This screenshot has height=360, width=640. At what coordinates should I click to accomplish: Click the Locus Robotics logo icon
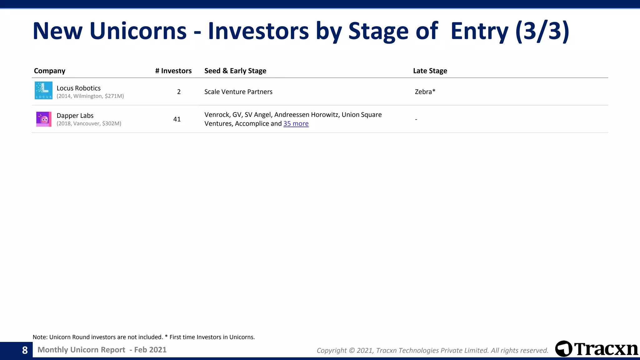(43, 90)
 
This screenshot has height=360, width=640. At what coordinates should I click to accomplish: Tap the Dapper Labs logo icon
(44, 119)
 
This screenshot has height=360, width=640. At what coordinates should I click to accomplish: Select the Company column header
(49, 71)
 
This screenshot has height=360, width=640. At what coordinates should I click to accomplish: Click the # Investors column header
(173, 71)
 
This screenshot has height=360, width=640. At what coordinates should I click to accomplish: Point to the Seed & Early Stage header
(235, 71)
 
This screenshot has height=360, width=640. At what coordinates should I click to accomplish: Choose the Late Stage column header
(430, 71)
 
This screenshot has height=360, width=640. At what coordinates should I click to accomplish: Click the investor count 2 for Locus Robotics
(179, 92)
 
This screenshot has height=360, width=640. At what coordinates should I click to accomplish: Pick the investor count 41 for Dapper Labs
(177, 119)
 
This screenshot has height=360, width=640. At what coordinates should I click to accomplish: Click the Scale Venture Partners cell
(238, 92)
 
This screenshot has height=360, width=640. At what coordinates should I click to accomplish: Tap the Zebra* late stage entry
(425, 92)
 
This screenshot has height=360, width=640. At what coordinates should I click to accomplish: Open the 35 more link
(296, 124)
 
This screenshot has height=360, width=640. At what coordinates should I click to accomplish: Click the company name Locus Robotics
(78, 88)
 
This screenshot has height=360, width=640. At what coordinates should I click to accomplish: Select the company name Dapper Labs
(75, 116)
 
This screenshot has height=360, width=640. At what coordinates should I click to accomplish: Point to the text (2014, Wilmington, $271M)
(90, 96)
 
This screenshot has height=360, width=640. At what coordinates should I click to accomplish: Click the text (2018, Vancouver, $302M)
(89, 124)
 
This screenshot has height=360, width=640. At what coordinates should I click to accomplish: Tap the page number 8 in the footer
(25, 350)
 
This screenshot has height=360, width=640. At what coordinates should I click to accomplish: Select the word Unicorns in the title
(138, 31)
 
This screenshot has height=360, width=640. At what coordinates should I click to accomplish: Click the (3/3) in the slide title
(542, 31)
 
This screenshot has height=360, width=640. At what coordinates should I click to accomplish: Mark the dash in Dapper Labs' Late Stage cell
(416, 119)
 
